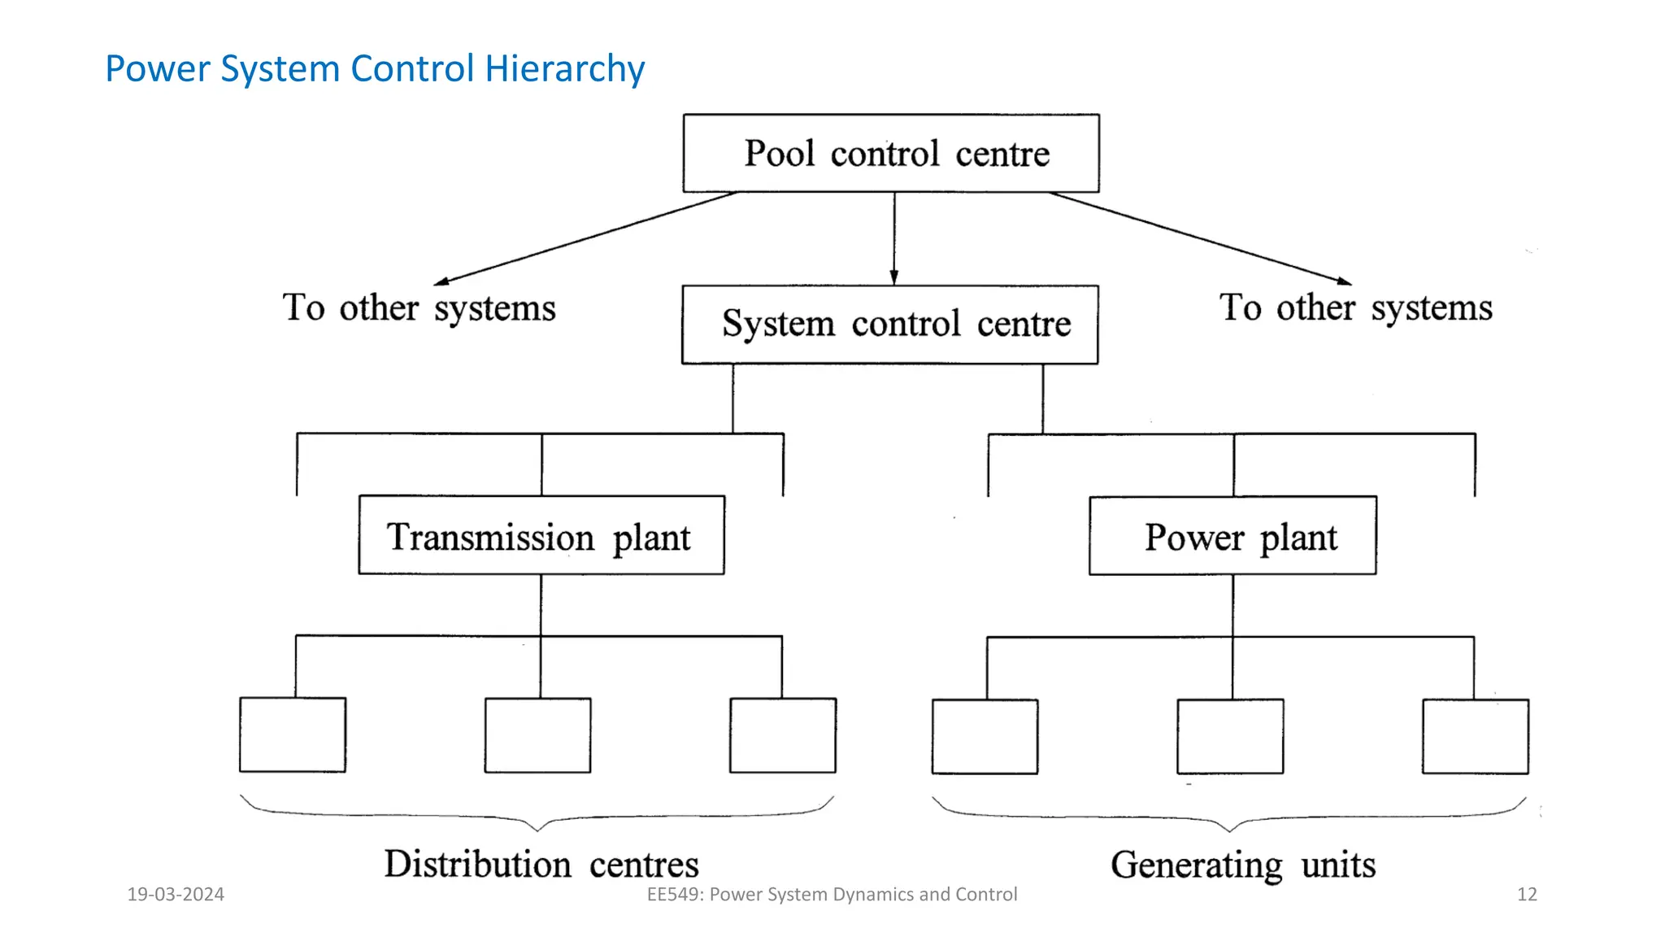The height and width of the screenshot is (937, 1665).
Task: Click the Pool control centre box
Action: pyautogui.click(x=891, y=154)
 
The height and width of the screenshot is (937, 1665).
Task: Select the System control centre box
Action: pyautogui.click(x=890, y=324)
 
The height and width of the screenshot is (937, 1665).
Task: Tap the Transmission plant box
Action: pyautogui.click(x=541, y=535)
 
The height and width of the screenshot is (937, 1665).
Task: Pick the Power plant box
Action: pyautogui.click(x=1232, y=536)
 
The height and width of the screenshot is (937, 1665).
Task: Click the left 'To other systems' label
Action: pyautogui.click(x=420, y=308)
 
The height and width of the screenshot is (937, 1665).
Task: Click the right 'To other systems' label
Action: pyautogui.click(x=1355, y=308)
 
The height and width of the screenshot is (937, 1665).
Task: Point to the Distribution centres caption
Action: pyautogui.click(x=541, y=864)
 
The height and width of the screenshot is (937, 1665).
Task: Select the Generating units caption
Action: pyautogui.click(x=1243, y=865)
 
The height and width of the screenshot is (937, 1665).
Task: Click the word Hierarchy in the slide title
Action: pyautogui.click(x=564, y=68)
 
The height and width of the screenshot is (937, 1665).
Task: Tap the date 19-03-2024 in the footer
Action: pyautogui.click(x=176, y=895)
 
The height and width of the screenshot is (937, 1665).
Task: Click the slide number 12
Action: pyautogui.click(x=1527, y=895)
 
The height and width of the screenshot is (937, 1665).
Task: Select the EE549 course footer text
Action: pyautogui.click(x=832, y=895)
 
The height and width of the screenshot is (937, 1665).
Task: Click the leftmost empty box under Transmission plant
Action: pyautogui.click(x=293, y=735)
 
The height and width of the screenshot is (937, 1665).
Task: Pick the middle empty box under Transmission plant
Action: pyautogui.click(x=538, y=735)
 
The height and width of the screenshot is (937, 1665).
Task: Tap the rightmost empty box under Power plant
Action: pyautogui.click(x=1476, y=736)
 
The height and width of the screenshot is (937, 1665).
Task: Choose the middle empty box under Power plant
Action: pyautogui.click(x=1230, y=736)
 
